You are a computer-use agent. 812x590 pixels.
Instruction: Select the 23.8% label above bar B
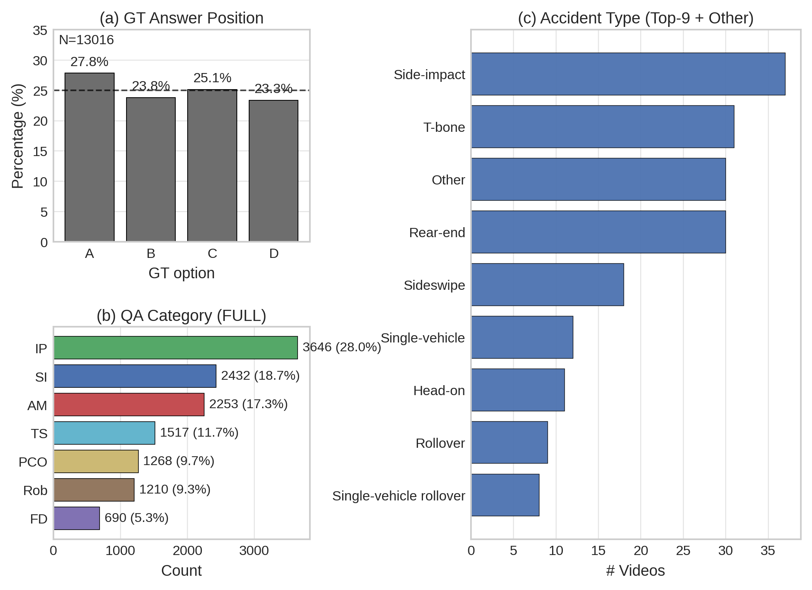coord(151,85)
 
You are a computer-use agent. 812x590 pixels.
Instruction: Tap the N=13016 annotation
coord(86,40)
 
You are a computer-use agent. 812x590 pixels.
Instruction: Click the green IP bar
coord(175,347)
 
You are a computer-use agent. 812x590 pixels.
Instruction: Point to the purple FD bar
coord(77,518)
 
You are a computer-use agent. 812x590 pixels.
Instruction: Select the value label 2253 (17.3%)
coord(248,404)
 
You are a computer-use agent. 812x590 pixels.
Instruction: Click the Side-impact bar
coord(628,74)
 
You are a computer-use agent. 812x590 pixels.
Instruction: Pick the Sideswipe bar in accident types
coord(547,284)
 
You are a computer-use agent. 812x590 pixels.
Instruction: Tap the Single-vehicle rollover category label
coord(398,496)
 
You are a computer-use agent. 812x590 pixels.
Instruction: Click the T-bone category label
coord(444,127)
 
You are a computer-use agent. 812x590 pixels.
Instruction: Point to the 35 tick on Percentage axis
coord(40,30)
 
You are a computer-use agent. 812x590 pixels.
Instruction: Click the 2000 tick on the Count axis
coord(187,550)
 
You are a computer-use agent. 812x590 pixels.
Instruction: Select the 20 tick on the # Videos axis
coord(641,550)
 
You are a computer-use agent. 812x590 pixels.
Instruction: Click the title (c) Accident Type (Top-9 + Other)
coord(635,18)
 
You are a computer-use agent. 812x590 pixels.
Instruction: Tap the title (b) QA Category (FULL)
coord(181,316)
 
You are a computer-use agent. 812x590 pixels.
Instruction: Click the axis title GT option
coord(181,273)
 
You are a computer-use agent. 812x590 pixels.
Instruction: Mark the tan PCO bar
coord(96,461)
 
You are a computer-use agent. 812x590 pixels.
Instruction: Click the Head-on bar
coord(517,390)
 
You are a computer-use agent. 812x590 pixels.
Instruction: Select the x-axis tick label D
coord(273,253)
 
